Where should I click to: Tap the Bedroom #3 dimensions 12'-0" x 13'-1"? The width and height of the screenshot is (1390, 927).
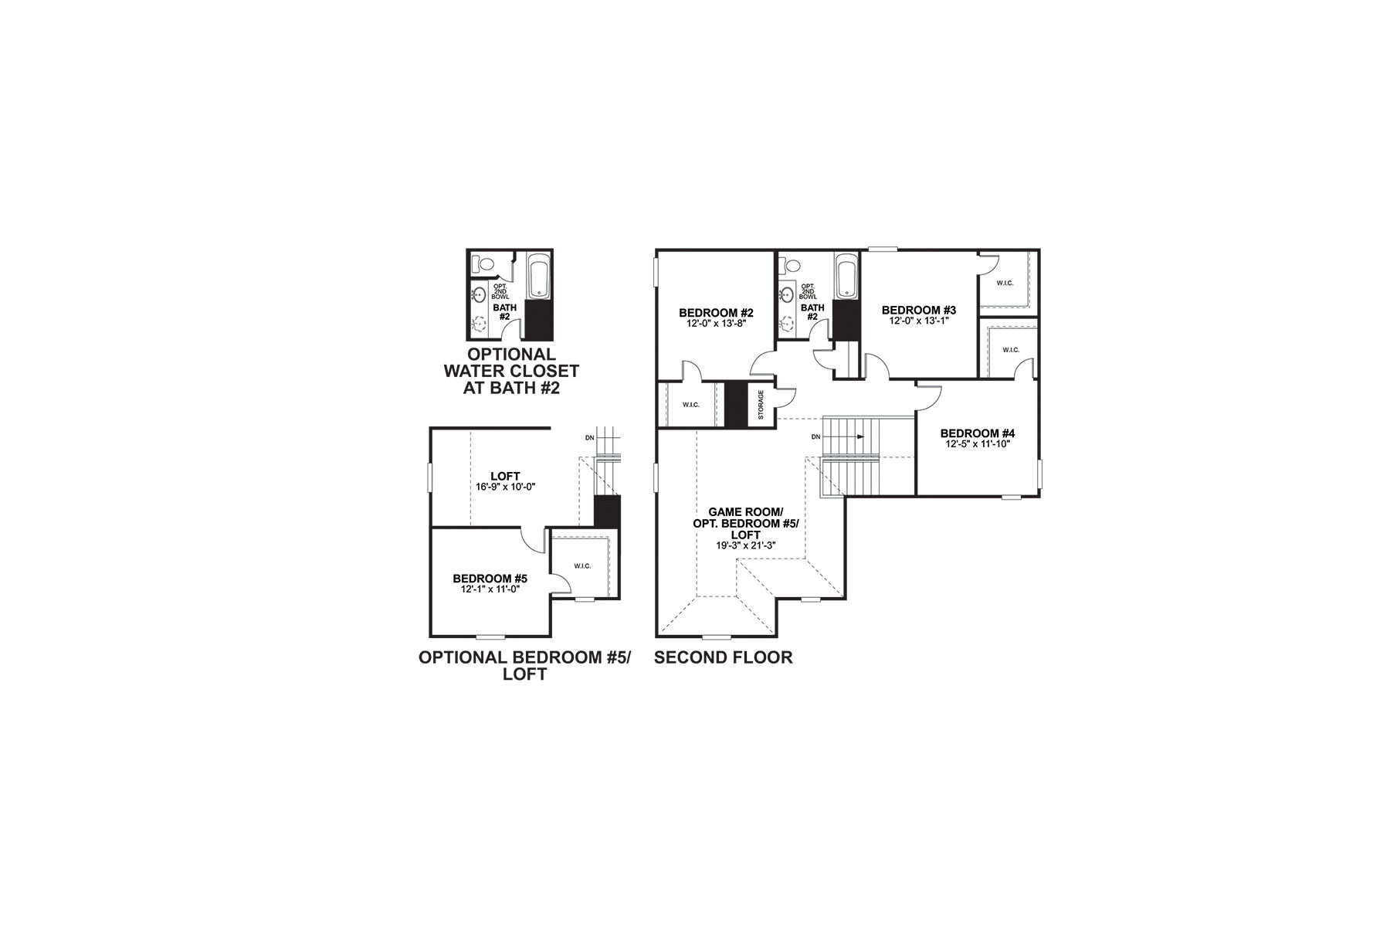tap(917, 321)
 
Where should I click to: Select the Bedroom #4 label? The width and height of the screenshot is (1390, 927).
tap(977, 433)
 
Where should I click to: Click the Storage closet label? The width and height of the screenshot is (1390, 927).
tap(761, 405)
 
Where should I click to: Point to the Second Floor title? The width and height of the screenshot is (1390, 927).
tap(723, 657)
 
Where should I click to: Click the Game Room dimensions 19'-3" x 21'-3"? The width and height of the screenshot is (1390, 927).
tap(745, 545)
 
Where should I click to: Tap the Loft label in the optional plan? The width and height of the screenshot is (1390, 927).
tap(505, 476)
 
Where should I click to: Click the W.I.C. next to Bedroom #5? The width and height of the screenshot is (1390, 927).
tap(582, 566)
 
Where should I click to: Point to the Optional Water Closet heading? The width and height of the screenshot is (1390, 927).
tap(510, 371)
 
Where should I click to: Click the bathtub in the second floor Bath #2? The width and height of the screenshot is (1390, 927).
tap(847, 277)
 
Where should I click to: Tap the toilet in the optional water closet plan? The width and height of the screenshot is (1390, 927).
tap(483, 265)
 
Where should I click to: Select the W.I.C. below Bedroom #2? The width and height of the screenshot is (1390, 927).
tap(690, 404)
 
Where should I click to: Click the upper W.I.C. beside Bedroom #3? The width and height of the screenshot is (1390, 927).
tap(1005, 283)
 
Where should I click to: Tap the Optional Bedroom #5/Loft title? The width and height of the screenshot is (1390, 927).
tap(524, 665)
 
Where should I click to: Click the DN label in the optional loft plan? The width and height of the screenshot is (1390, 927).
tap(590, 438)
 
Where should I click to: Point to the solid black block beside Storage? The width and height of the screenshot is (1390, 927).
tap(737, 403)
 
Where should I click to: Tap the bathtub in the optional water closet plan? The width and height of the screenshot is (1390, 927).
tap(537, 277)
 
